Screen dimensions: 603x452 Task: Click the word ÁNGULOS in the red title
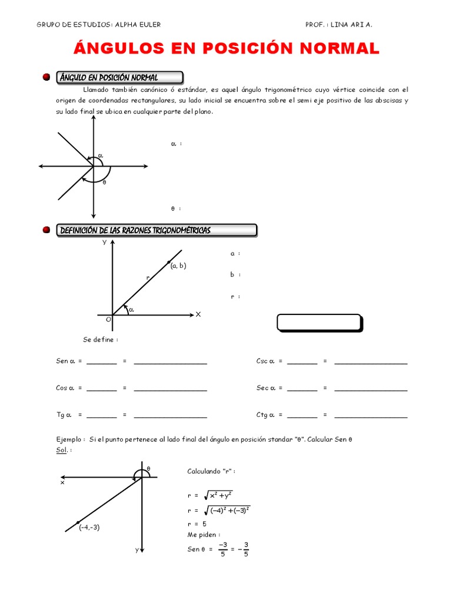[115, 49]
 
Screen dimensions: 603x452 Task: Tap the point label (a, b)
[178, 266]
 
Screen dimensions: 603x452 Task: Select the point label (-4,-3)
[89, 527]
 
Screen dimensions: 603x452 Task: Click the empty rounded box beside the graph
[319, 323]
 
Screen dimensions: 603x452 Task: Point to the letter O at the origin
[108, 319]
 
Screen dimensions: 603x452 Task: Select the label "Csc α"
[265, 361]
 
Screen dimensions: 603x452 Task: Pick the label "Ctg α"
[265, 415]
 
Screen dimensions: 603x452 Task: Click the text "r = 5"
[197, 524]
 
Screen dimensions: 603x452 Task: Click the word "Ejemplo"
[69, 439]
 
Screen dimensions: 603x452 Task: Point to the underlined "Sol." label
[62, 449]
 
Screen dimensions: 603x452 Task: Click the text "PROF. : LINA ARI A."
[338, 25]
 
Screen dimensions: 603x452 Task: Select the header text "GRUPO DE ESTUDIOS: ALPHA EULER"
[98, 25]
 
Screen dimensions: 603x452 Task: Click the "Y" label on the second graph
[105, 242]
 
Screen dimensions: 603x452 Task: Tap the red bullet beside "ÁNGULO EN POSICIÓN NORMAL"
[46, 78]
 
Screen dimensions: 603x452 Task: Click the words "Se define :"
[100, 340]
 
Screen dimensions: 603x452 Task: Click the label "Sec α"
[265, 388]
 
